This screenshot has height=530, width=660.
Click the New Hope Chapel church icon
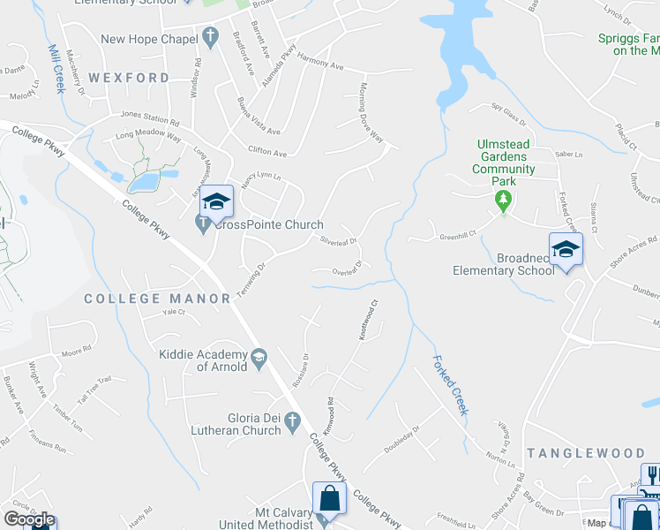[209, 38]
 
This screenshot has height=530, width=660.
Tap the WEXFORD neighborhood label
[128, 78]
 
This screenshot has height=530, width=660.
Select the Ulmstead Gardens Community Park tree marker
[504, 201]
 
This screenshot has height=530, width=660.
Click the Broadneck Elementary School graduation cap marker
[566, 249]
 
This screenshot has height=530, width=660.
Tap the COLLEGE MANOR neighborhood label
[157, 299]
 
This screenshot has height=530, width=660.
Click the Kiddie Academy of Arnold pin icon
[259, 358]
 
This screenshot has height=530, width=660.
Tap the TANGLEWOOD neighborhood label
[585, 452]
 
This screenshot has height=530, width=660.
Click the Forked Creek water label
[449, 385]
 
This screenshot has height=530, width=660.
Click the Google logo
[29, 519]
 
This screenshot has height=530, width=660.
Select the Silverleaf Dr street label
[338, 240]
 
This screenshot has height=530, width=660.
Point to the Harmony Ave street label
[319, 64]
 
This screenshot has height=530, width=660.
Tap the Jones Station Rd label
[149, 115]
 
